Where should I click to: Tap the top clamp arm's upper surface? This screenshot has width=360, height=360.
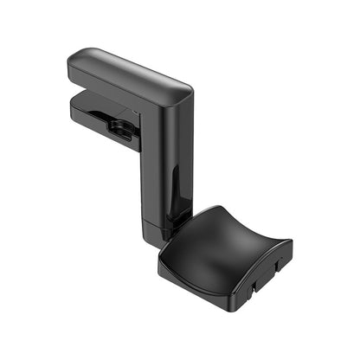pyautogui.click(x=130, y=69)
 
